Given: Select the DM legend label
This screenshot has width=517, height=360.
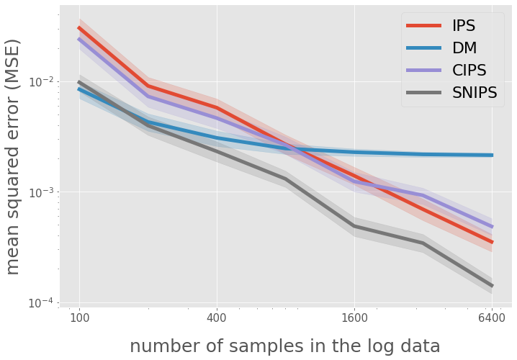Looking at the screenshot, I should click(464, 48).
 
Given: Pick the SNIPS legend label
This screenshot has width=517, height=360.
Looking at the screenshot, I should click(475, 93).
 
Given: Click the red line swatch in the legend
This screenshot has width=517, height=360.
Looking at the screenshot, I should click(424, 27).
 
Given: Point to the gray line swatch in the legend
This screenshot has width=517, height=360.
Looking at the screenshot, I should click(424, 94).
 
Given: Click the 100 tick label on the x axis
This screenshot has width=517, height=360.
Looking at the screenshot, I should click(78, 317).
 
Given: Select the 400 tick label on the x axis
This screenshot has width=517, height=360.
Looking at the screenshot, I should click(216, 317).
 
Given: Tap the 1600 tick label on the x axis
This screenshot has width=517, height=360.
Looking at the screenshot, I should click(354, 317).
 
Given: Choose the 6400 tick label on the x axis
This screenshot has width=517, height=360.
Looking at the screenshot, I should click(491, 317).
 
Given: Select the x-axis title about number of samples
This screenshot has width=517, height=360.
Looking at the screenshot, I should click(284, 346).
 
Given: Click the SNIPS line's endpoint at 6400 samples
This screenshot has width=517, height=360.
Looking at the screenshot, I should click(492, 286).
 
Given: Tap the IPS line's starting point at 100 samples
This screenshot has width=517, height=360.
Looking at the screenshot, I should click(79, 28).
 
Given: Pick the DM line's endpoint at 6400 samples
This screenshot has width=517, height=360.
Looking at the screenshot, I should click(492, 155).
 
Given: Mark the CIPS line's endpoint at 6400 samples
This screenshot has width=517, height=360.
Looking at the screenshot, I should click(492, 227).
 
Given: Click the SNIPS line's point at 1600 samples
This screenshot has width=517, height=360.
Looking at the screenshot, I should click(354, 226).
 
